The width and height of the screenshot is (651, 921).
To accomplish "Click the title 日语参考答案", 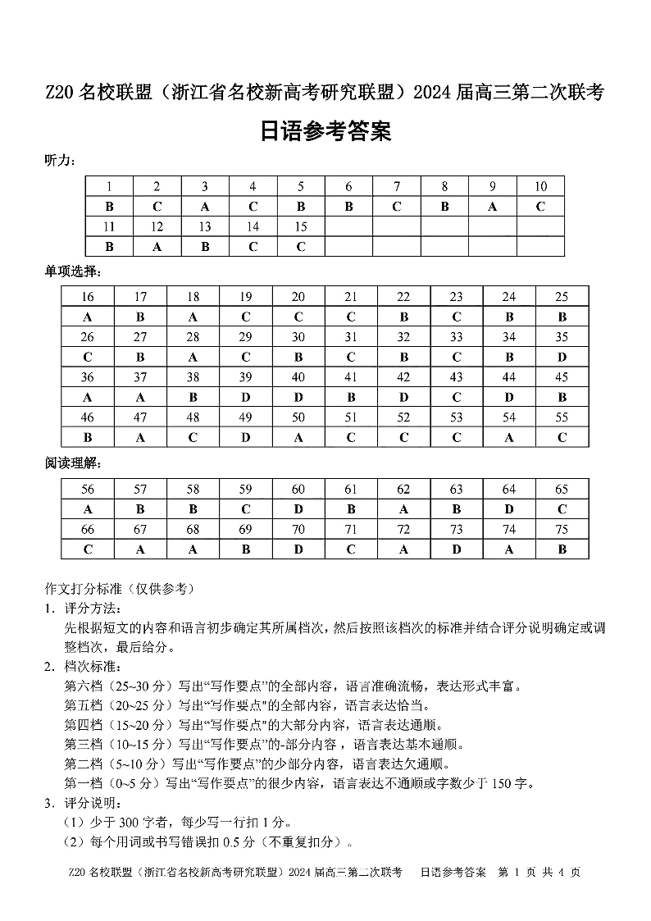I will click(325, 131).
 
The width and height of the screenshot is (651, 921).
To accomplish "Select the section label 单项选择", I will click(73, 271).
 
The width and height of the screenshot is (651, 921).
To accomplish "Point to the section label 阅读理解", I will click(73, 463).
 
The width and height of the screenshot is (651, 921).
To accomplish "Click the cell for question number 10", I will click(540, 186).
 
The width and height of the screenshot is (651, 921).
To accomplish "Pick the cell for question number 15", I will click(301, 226).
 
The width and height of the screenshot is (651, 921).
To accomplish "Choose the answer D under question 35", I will click(562, 357).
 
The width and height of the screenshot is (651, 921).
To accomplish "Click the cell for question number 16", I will click(88, 297).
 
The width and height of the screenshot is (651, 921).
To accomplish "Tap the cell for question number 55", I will click(562, 417).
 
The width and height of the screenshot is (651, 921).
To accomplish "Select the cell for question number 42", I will click(403, 377).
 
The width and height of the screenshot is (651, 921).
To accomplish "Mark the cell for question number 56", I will click(88, 490).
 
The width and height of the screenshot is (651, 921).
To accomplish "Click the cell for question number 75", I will click(562, 530).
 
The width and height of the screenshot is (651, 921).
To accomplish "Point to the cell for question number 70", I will click(298, 530).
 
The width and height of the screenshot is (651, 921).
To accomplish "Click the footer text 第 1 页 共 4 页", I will click(539, 872).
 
